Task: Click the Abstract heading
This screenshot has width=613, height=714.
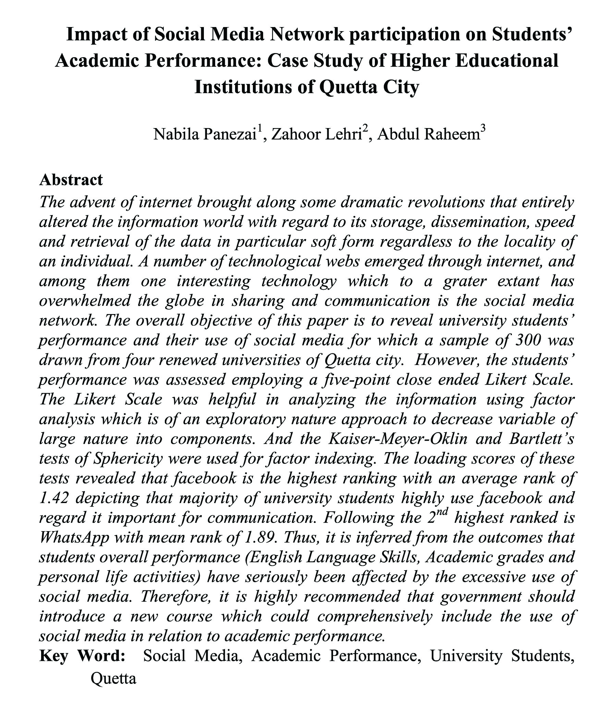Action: click(x=71, y=180)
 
